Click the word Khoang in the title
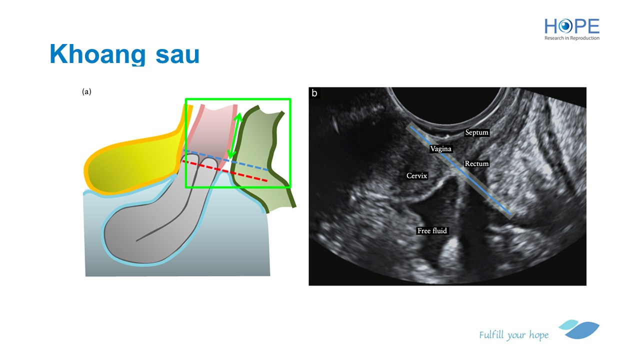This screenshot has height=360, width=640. click(97, 54)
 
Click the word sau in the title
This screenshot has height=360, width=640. click(177, 55)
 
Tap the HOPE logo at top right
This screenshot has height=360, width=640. click(571, 26)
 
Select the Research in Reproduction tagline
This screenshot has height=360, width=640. click(571, 38)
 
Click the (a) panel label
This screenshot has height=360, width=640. click(86, 91)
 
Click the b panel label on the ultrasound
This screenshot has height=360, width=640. click(314, 93)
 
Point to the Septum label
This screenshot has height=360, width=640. click(477, 132)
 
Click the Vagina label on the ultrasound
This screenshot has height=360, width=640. click(441, 149)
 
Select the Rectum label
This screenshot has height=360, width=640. click(476, 163)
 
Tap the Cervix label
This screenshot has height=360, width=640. click(417, 175)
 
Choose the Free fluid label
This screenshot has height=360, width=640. click(432, 231)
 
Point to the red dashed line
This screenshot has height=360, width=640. click(225, 171)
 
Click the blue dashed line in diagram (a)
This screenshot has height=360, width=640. click(226, 160)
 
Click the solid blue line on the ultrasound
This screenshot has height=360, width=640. click(460, 170)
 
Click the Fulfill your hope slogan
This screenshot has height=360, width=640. click(513, 335)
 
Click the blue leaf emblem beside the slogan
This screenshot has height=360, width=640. click(579, 329)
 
